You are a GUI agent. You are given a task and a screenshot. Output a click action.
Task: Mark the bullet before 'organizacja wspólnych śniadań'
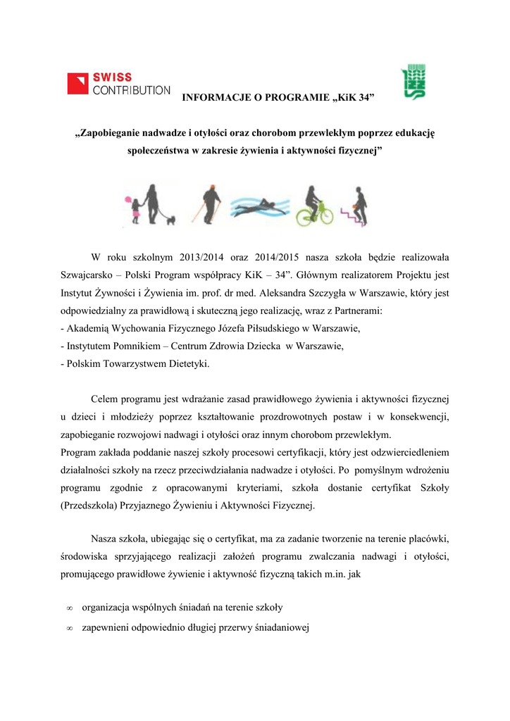69,607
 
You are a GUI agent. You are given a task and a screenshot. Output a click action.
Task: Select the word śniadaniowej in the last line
282,627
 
